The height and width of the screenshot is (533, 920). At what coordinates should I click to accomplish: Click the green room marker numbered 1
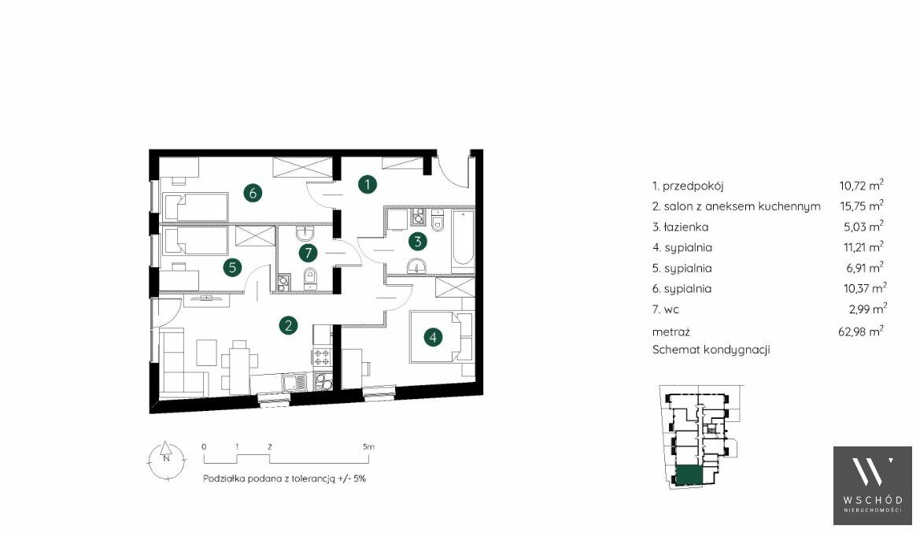(x=368, y=184)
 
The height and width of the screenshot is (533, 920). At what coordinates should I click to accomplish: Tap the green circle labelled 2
(x=287, y=325)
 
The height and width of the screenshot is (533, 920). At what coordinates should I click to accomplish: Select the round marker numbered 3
(x=417, y=241)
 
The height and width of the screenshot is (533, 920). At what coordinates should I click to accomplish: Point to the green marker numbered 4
(x=432, y=338)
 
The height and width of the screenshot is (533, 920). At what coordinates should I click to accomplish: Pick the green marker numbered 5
(x=232, y=268)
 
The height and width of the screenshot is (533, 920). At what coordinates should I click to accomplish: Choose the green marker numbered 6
(x=253, y=193)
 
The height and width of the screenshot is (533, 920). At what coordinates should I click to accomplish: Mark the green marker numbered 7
(x=308, y=253)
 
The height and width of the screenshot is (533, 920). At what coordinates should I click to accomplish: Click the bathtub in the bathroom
(x=462, y=240)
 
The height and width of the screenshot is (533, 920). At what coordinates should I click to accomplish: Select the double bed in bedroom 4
(x=441, y=337)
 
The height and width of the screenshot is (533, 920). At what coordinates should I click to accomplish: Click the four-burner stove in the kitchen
(x=322, y=356)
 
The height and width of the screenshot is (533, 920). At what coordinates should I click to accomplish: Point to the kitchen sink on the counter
(x=294, y=383)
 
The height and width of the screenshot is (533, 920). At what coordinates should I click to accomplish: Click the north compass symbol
(x=166, y=460)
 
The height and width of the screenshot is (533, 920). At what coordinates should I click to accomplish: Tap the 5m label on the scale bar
(x=368, y=446)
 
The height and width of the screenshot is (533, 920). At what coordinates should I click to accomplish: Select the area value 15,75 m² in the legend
(x=861, y=205)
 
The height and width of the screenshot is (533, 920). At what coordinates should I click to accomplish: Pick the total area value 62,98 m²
(x=861, y=331)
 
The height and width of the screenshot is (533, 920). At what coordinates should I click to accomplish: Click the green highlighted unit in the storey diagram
(x=689, y=475)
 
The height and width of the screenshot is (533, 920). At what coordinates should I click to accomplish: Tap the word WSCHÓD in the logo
(x=873, y=500)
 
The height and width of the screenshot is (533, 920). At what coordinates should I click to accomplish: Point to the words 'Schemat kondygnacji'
(x=711, y=350)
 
